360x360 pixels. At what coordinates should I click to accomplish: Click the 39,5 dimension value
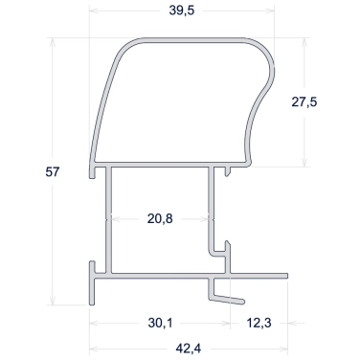(182, 11)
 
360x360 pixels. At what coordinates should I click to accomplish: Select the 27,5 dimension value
(304, 102)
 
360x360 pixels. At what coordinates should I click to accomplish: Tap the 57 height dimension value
(53, 172)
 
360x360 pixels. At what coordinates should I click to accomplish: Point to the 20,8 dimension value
(160, 219)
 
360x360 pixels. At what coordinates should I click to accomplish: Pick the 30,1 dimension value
(160, 323)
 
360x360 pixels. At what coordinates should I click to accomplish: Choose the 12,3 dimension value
(259, 323)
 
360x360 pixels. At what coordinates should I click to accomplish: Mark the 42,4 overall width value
(189, 349)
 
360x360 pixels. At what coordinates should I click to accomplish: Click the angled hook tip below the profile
(243, 302)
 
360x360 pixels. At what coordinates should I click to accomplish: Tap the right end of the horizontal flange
(287, 276)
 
